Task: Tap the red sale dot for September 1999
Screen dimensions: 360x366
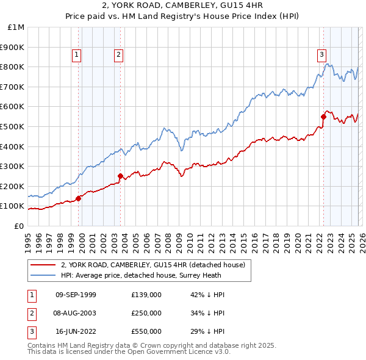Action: click(x=79, y=198)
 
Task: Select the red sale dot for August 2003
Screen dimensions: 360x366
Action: click(x=120, y=176)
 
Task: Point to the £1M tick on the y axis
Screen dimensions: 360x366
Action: click(x=16, y=27)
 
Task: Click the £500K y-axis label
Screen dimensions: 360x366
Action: click(x=13, y=126)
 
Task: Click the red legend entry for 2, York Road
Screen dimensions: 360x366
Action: click(x=152, y=265)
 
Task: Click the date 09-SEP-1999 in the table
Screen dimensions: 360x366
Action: click(x=76, y=295)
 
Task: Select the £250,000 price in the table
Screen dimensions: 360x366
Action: click(x=146, y=313)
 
